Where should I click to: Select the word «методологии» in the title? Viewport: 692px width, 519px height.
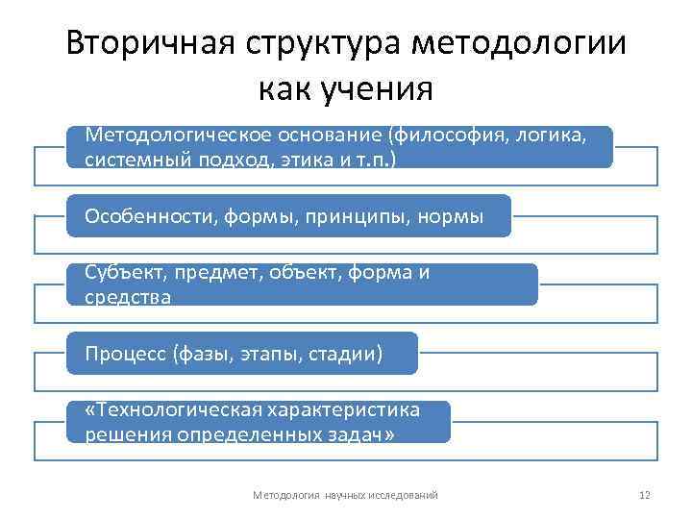519,44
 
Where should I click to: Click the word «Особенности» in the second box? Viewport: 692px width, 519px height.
140,214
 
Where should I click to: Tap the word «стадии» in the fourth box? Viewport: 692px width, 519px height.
342,354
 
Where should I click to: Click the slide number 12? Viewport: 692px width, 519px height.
645,495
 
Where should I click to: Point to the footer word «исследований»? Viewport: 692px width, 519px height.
403,495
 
